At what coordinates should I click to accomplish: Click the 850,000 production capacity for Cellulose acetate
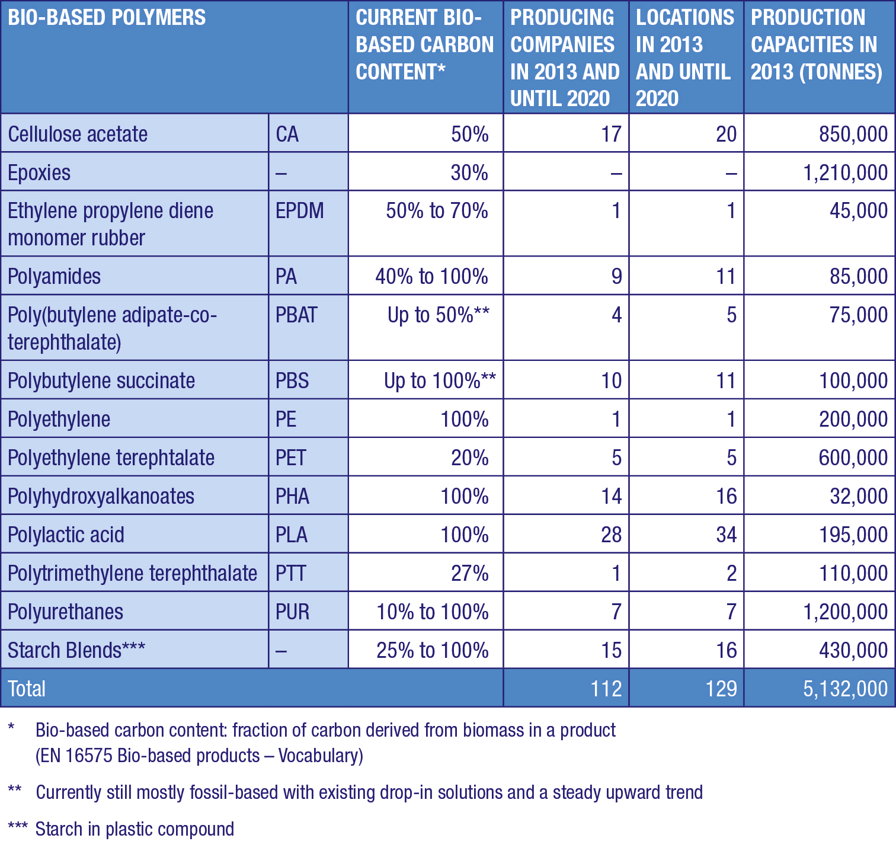click(x=853, y=135)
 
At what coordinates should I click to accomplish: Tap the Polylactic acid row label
click(x=66, y=535)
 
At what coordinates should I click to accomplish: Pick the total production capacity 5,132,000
click(x=845, y=689)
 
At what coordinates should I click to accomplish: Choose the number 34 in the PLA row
click(x=726, y=535)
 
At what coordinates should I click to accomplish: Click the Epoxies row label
click(x=39, y=173)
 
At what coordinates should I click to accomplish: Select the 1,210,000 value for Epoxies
click(x=845, y=173)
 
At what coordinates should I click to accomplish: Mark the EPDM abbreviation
click(x=300, y=211)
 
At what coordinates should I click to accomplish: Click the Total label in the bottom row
click(x=27, y=689)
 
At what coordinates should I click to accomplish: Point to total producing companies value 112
click(x=606, y=689)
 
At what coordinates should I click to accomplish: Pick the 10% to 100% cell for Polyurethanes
click(x=433, y=612)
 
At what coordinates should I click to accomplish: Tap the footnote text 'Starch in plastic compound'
click(x=135, y=829)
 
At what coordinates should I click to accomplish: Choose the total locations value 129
click(x=721, y=689)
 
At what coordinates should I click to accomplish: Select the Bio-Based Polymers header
click(x=107, y=18)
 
